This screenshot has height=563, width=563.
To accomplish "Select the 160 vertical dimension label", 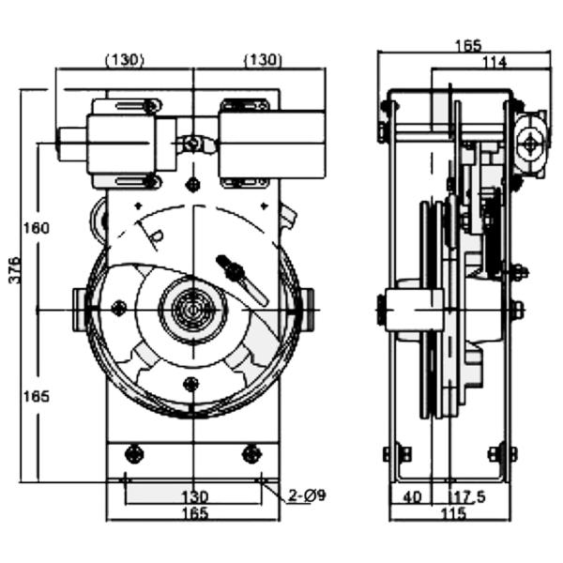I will (x=37, y=228).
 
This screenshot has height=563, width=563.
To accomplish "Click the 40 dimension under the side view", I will (x=411, y=496).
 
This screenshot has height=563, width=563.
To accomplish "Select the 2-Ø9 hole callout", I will (x=307, y=495).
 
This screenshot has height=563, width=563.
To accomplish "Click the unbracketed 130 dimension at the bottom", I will (x=193, y=496).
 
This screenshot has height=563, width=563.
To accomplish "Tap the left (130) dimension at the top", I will (x=123, y=60).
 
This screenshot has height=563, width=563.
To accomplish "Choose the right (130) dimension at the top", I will (x=263, y=60).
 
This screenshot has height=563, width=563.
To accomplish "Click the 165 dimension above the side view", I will (x=466, y=45).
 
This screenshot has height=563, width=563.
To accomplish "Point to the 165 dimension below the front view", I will (x=193, y=513).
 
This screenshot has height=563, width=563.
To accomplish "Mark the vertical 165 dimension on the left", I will (x=37, y=396).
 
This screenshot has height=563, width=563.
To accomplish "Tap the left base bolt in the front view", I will (x=134, y=454).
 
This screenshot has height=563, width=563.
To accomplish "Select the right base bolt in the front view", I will (x=251, y=454).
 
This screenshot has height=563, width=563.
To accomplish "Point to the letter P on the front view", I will (x=157, y=234).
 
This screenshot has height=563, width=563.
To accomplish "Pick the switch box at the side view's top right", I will (x=530, y=143).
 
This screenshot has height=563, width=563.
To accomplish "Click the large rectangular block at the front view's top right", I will (x=272, y=144).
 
